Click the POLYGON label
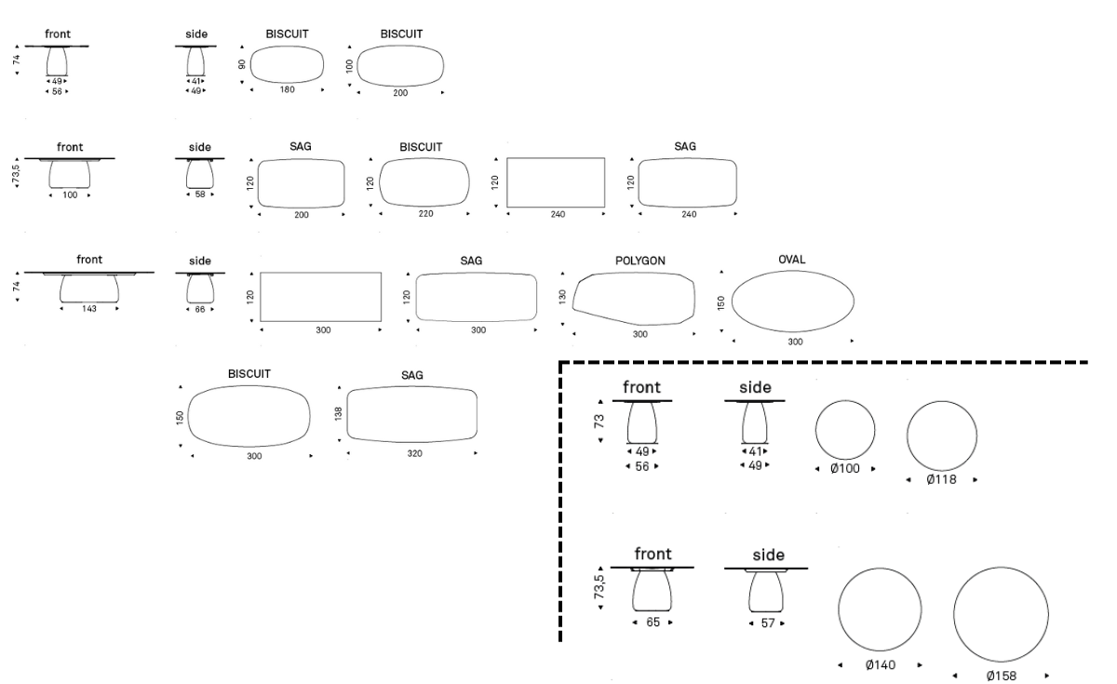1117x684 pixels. coord(639,261)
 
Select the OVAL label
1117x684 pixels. coord(791,260)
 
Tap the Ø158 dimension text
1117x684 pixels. coord(1002,676)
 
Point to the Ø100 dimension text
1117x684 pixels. coord(845,470)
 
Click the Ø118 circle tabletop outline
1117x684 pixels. coord(942,436)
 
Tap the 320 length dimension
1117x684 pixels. coord(412,456)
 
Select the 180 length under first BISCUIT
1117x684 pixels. coord(287,90)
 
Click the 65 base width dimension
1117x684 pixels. coord(653,622)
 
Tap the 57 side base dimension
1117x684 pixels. coord(767,622)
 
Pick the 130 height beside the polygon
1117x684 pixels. coord(563,295)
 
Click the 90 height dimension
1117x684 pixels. coord(242,65)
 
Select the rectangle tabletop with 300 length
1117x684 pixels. coord(321,297)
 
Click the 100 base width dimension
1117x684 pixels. coord(70,194)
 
